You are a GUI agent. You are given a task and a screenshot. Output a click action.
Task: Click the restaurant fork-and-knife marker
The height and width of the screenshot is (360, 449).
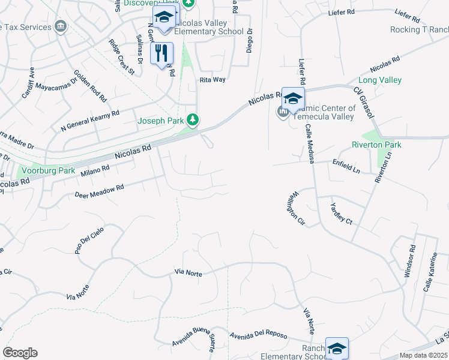[161, 54]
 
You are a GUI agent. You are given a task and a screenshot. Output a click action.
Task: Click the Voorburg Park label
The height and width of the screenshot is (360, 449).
[48, 170]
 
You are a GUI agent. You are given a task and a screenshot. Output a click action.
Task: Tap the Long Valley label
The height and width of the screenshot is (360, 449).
[380, 80]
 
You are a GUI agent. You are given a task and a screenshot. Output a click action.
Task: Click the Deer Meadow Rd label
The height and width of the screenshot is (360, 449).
[99, 191]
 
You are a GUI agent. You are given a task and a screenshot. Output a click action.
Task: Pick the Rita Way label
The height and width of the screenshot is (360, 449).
[212, 79]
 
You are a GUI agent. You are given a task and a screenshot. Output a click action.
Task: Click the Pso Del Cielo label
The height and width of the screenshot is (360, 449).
[89, 241]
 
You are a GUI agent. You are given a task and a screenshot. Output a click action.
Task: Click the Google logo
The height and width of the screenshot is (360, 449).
[20, 353]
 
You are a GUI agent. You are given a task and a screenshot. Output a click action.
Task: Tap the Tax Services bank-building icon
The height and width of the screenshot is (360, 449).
[60, 26]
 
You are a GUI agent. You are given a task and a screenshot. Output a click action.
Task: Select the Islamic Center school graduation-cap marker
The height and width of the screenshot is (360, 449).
[293, 98]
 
